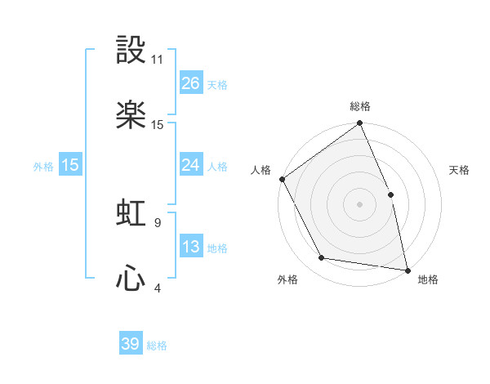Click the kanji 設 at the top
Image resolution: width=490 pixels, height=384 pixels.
pyautogui.click(x=131, y=50)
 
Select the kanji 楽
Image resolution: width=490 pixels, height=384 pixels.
pyautogui.click(x=131, y=115)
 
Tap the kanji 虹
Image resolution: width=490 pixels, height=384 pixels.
pyautogui.click(x=131, y=213)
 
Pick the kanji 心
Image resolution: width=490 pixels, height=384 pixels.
pyautogui.click(x=131, y=279)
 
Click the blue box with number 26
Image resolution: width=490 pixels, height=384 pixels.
pyautogui.click(x=190, y=83)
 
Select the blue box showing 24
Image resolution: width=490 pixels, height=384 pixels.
pyautogui.click(x=190, y=165)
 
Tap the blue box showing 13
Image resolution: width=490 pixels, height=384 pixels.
pyautogui.click(x=190, y=247)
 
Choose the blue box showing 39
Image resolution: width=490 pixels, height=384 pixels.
pyautogui.click(x=131, y=344)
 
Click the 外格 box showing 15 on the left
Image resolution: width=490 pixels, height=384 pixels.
pyautogui.click(x=70, y=165)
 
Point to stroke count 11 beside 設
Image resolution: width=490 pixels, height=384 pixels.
pyautogui.click(x=158, y=60)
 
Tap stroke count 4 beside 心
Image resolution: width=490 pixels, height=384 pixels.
pyautogui.click(x=158, y=288)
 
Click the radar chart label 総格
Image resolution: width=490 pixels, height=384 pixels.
pyautogui.click(x=360, y=106)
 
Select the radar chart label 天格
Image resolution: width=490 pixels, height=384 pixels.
pyautogui.click(x=459, y=170)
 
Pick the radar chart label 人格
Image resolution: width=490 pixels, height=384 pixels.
pyautogui.click(x=261, y=170)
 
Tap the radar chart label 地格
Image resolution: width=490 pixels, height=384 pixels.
pyautogui.click(x=428, y=280)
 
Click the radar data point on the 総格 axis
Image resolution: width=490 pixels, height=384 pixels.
pyautogui.click(x=360, y=124)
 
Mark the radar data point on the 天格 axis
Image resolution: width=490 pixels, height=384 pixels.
pyautogui.click(x=390, y=194)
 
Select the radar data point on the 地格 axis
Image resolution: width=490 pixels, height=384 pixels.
pyautogui.click(x=408, y=270)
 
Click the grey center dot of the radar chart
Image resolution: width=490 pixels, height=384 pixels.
pyautogui.click(x=360, y=204)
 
